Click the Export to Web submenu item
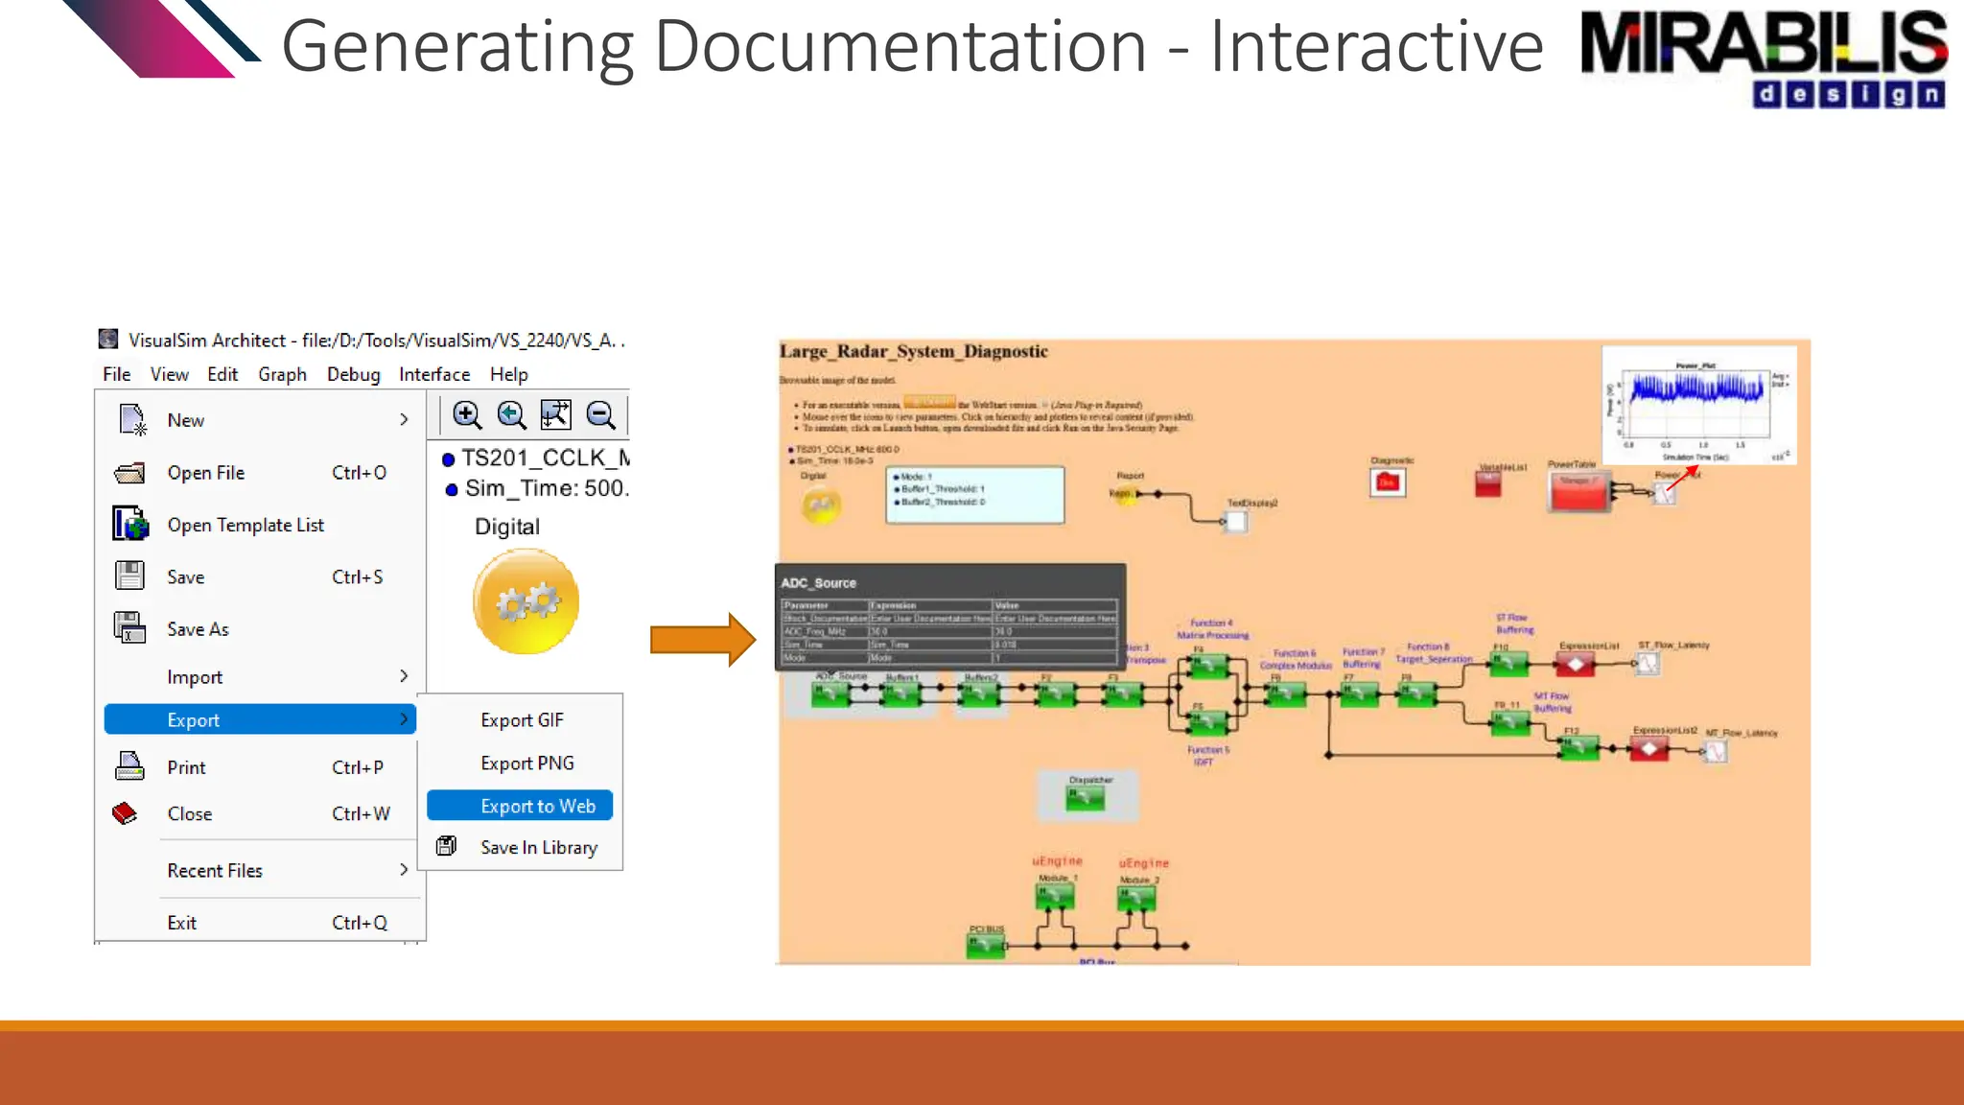(537, 806)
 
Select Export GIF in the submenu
(522, 720)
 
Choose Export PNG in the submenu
(526, 764)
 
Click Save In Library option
(538, 848)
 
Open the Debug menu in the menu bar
(353, 374)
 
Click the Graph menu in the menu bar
(282, 374)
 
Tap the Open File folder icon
(129, 473)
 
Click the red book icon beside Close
(126, 813)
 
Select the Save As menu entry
(198, 629)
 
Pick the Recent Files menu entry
(215, 871)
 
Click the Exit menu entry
(182, 923)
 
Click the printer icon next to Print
(129, 767)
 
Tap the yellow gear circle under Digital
(526, 601)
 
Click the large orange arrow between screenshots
(702, 639)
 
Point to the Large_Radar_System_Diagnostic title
(913, 352)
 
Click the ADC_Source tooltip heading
(818, 583)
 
